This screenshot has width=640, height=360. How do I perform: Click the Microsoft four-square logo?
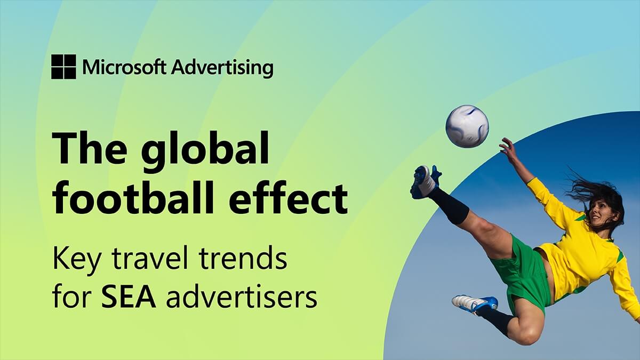[63, 67]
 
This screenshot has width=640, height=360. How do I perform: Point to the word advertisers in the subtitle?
[242, 298]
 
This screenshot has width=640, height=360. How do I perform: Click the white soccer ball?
[467, 126]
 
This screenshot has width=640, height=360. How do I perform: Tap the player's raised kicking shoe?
[425, 181]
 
